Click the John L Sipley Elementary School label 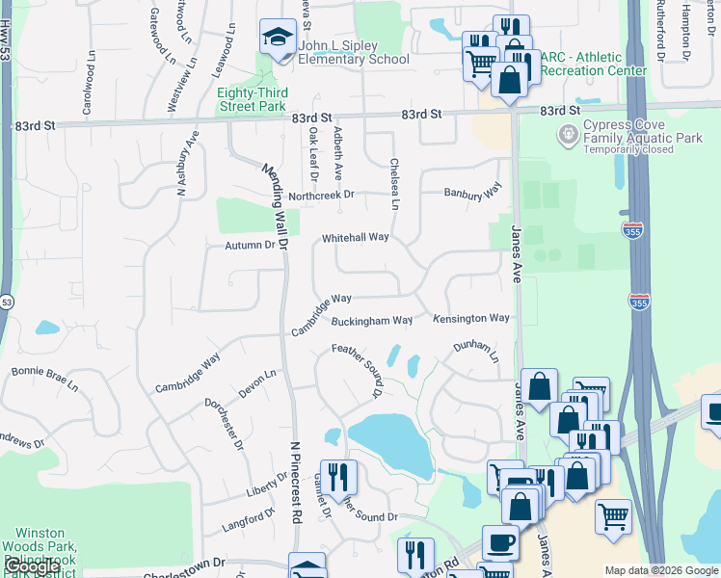click(353, 52)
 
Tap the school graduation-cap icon click(278, 39)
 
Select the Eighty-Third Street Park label click(251, 99)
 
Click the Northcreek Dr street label click(322, 195)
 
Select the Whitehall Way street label click(355, 237)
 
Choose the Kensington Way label click(470, 318)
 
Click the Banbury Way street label click(473, 193)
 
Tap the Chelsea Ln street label click(394, 184)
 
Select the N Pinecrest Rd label click(294, 482)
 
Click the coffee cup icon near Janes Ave click(499, 543)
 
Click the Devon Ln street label click(257, 384)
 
